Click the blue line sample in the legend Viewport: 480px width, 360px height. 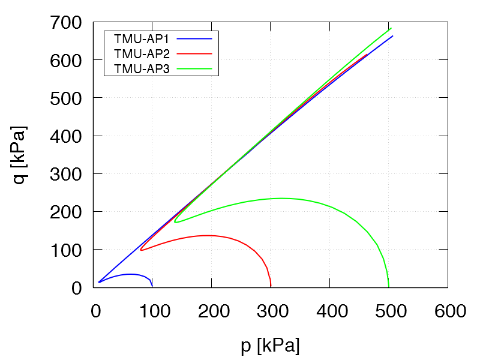(195, 38)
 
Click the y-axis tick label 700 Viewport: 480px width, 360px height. (67, 23)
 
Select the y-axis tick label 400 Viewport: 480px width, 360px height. (67, 136)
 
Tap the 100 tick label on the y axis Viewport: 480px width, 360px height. (67, 250)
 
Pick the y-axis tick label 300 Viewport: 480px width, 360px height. (67, 174)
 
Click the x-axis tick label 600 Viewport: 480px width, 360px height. (449, 311)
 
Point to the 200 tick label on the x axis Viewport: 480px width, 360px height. (212, 311)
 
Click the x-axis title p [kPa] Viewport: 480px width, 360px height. (270, 346)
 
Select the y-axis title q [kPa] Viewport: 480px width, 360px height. (21, 155)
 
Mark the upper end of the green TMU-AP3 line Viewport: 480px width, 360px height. (391, 29)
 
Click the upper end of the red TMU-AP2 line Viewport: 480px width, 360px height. (367, 55)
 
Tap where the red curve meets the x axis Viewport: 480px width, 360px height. (271, 287)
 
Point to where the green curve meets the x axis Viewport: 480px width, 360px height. (389, 287)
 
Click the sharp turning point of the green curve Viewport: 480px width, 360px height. (175, 221)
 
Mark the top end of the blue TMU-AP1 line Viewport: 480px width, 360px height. (393, 36)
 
